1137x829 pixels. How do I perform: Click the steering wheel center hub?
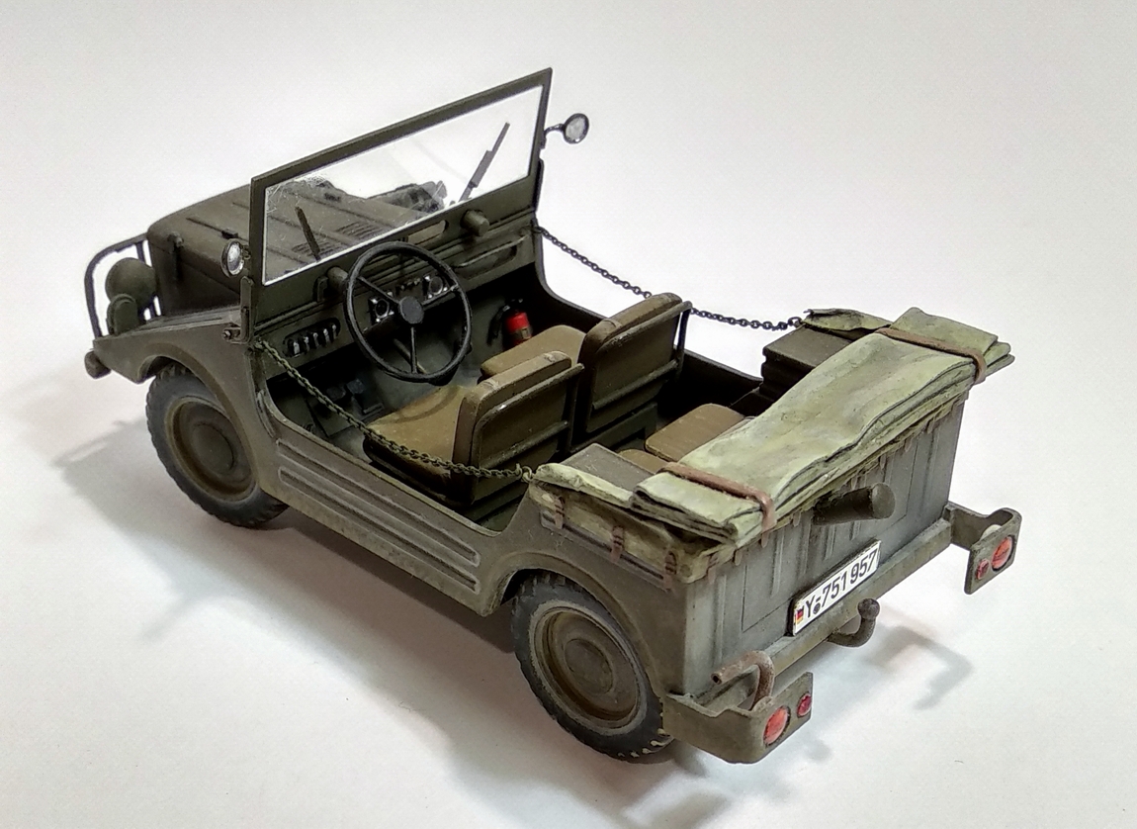coord(410,309)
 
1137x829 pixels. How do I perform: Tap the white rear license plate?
coord(836,586)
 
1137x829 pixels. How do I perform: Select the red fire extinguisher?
coord(517,326)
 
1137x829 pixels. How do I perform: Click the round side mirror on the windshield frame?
coord(576,127)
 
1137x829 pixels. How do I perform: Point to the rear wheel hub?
coord(586,664)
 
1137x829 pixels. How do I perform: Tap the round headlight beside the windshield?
coord(234,257)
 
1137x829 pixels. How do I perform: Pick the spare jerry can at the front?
coord(131,288)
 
